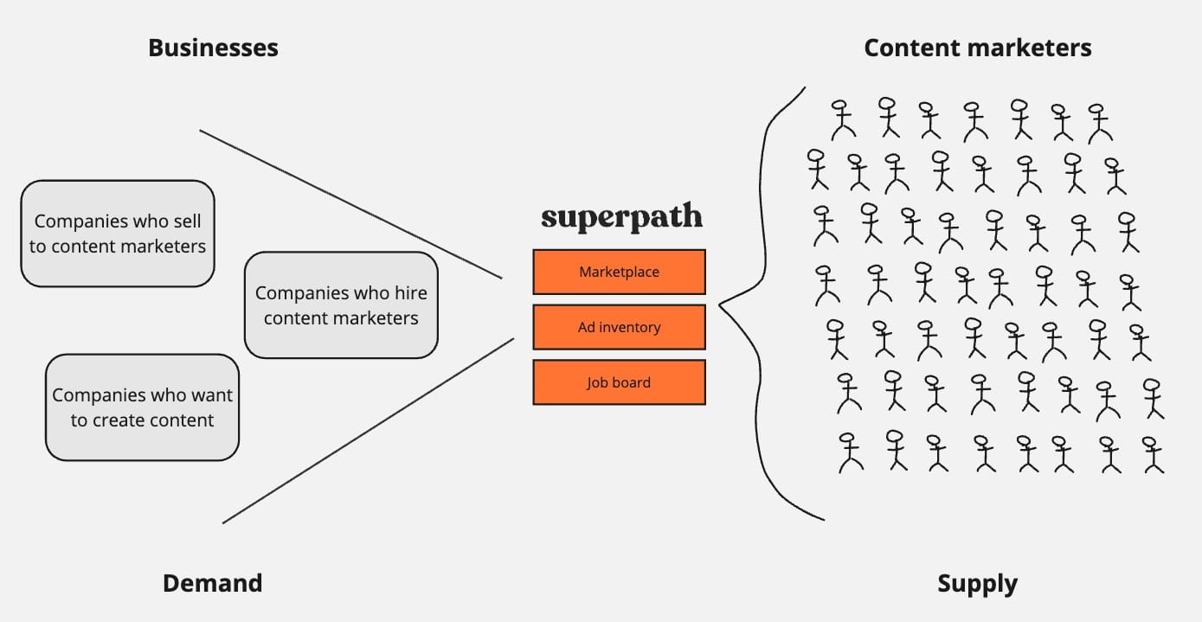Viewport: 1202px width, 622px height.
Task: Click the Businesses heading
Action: (213, 48)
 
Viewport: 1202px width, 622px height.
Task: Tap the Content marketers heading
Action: (978, 48)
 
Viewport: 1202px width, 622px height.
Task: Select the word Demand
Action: (213, 583)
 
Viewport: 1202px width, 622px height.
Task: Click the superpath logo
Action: (621, 217)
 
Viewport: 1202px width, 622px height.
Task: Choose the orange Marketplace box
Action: (620, 272)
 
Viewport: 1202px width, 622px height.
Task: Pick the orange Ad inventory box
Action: (620, 327)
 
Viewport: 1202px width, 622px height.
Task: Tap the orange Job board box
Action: (620, 382)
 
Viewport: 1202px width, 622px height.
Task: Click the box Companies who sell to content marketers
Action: (118, 234)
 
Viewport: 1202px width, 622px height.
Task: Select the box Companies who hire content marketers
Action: (341, 305)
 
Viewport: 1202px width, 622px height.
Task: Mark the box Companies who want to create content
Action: (142, 407)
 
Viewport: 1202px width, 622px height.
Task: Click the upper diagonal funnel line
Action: (351, 204)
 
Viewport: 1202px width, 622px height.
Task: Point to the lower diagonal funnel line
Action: (368, 431)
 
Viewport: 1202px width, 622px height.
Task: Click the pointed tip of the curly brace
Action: (720, 305)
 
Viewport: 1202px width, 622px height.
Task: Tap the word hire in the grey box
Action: (411, 292)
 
